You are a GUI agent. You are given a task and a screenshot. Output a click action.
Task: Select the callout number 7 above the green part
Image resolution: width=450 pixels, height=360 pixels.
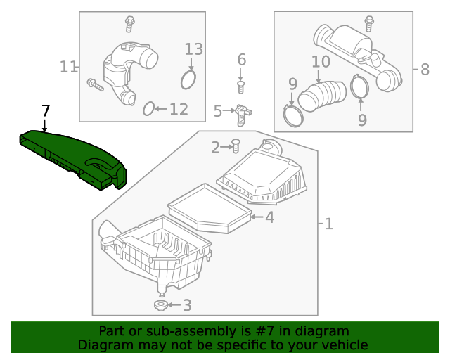(x=45, y=110)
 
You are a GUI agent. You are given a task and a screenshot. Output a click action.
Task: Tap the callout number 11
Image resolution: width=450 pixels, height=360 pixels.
(x=68, y=67)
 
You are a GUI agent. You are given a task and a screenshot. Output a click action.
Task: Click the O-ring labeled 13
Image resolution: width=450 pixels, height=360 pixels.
(x=188, y=79)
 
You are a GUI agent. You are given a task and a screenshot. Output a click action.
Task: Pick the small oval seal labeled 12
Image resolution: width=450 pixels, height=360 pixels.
(x=148, y=108)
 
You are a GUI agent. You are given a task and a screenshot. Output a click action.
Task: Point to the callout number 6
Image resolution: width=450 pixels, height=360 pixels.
(x=241, y=60)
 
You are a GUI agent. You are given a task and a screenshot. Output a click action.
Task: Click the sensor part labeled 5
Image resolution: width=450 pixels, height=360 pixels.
(x=243, y=112)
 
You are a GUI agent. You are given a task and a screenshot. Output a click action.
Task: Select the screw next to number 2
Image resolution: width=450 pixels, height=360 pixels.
(x=236, y=146)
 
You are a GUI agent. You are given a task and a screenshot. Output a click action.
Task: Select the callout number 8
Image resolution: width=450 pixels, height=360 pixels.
(x=424, y=69)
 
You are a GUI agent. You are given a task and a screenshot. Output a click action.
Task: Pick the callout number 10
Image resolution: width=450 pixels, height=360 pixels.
(x=320, y=62)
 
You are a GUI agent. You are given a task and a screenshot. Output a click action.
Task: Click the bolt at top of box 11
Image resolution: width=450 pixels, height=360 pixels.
(x=129, y=23)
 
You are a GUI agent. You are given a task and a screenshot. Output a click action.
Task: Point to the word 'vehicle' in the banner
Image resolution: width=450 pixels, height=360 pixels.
(x=344, y=345)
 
